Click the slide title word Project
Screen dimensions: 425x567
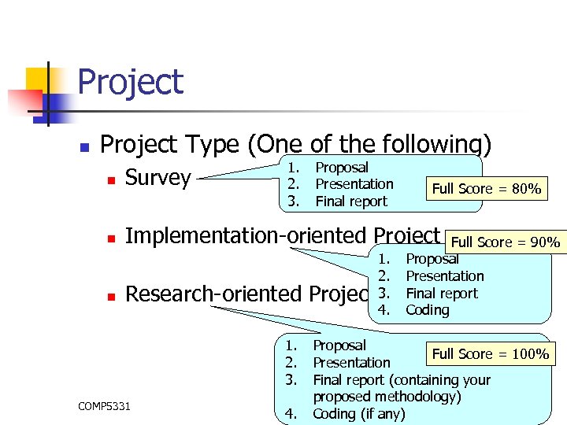[x=131, y=83]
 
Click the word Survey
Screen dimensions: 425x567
[x=157, y=179]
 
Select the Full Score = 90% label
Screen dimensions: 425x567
[x=505, y=242]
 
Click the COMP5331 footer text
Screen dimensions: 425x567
[x=105, y=406]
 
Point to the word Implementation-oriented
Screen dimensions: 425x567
[x=246, y=236]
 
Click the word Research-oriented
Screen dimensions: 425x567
[x=213, y=294]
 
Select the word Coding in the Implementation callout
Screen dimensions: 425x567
[x=428, y=310]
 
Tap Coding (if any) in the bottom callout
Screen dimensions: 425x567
[x=358, y=414]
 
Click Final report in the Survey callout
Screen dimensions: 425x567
[x=351, y=201]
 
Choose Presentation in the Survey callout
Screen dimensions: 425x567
[x=354, y=184]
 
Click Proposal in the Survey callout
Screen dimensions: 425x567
[x=342, y=167]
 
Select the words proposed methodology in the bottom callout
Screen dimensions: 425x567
[x=386, y=397]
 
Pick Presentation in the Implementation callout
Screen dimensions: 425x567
[x=445, y=276]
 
